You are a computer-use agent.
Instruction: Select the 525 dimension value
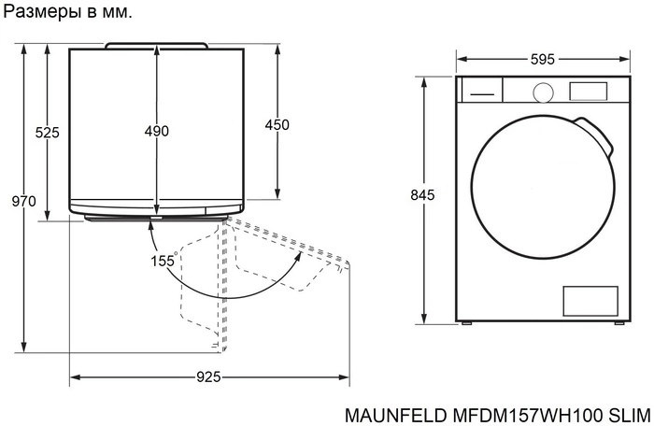[48, 133]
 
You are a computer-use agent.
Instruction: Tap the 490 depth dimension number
[157, 132]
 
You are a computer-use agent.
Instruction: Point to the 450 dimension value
[277, 125]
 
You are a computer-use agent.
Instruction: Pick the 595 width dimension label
[542, 60]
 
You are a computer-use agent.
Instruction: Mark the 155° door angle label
[163, 261]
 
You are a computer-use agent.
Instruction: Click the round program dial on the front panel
[542, 92]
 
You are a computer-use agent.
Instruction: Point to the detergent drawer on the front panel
[480, 92]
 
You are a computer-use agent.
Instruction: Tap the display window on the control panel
[589, 91]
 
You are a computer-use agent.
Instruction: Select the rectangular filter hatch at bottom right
[590, 301]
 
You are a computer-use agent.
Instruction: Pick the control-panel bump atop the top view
[156, 44]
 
